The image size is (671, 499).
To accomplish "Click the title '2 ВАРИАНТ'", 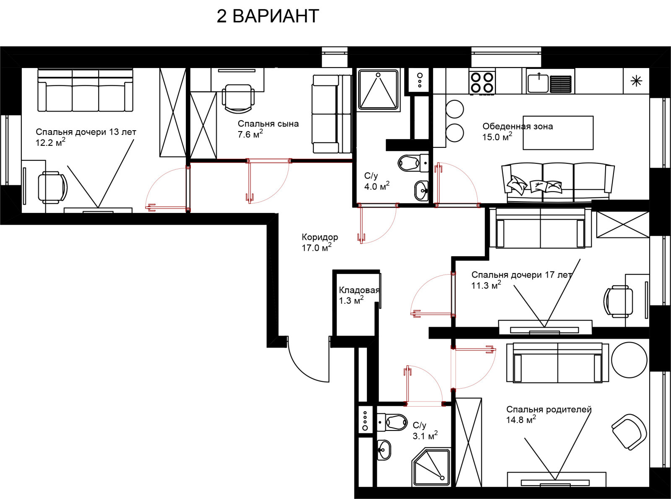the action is pos(268,16).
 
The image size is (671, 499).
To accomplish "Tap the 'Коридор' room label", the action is pos(320,237).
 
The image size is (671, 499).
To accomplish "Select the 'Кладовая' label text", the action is pos(359,290).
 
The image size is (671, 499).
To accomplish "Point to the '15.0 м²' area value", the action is pos(497,137).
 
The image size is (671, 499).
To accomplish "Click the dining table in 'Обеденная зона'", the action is pos(558,133).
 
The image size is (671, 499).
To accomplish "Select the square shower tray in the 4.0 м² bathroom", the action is pos(378,89).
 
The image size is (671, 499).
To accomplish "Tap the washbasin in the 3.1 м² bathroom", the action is pos(384,449).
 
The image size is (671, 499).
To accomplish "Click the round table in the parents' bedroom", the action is pos(629,360).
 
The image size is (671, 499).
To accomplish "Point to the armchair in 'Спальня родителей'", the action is pos(629,431).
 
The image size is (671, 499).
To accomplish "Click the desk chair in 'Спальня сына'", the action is pos(238,98).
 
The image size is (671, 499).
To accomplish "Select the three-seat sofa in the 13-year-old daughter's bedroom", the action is pos(85,90).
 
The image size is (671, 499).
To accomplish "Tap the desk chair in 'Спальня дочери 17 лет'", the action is pos(618,302).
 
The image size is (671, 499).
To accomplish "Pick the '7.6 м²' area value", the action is pos(250,134).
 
